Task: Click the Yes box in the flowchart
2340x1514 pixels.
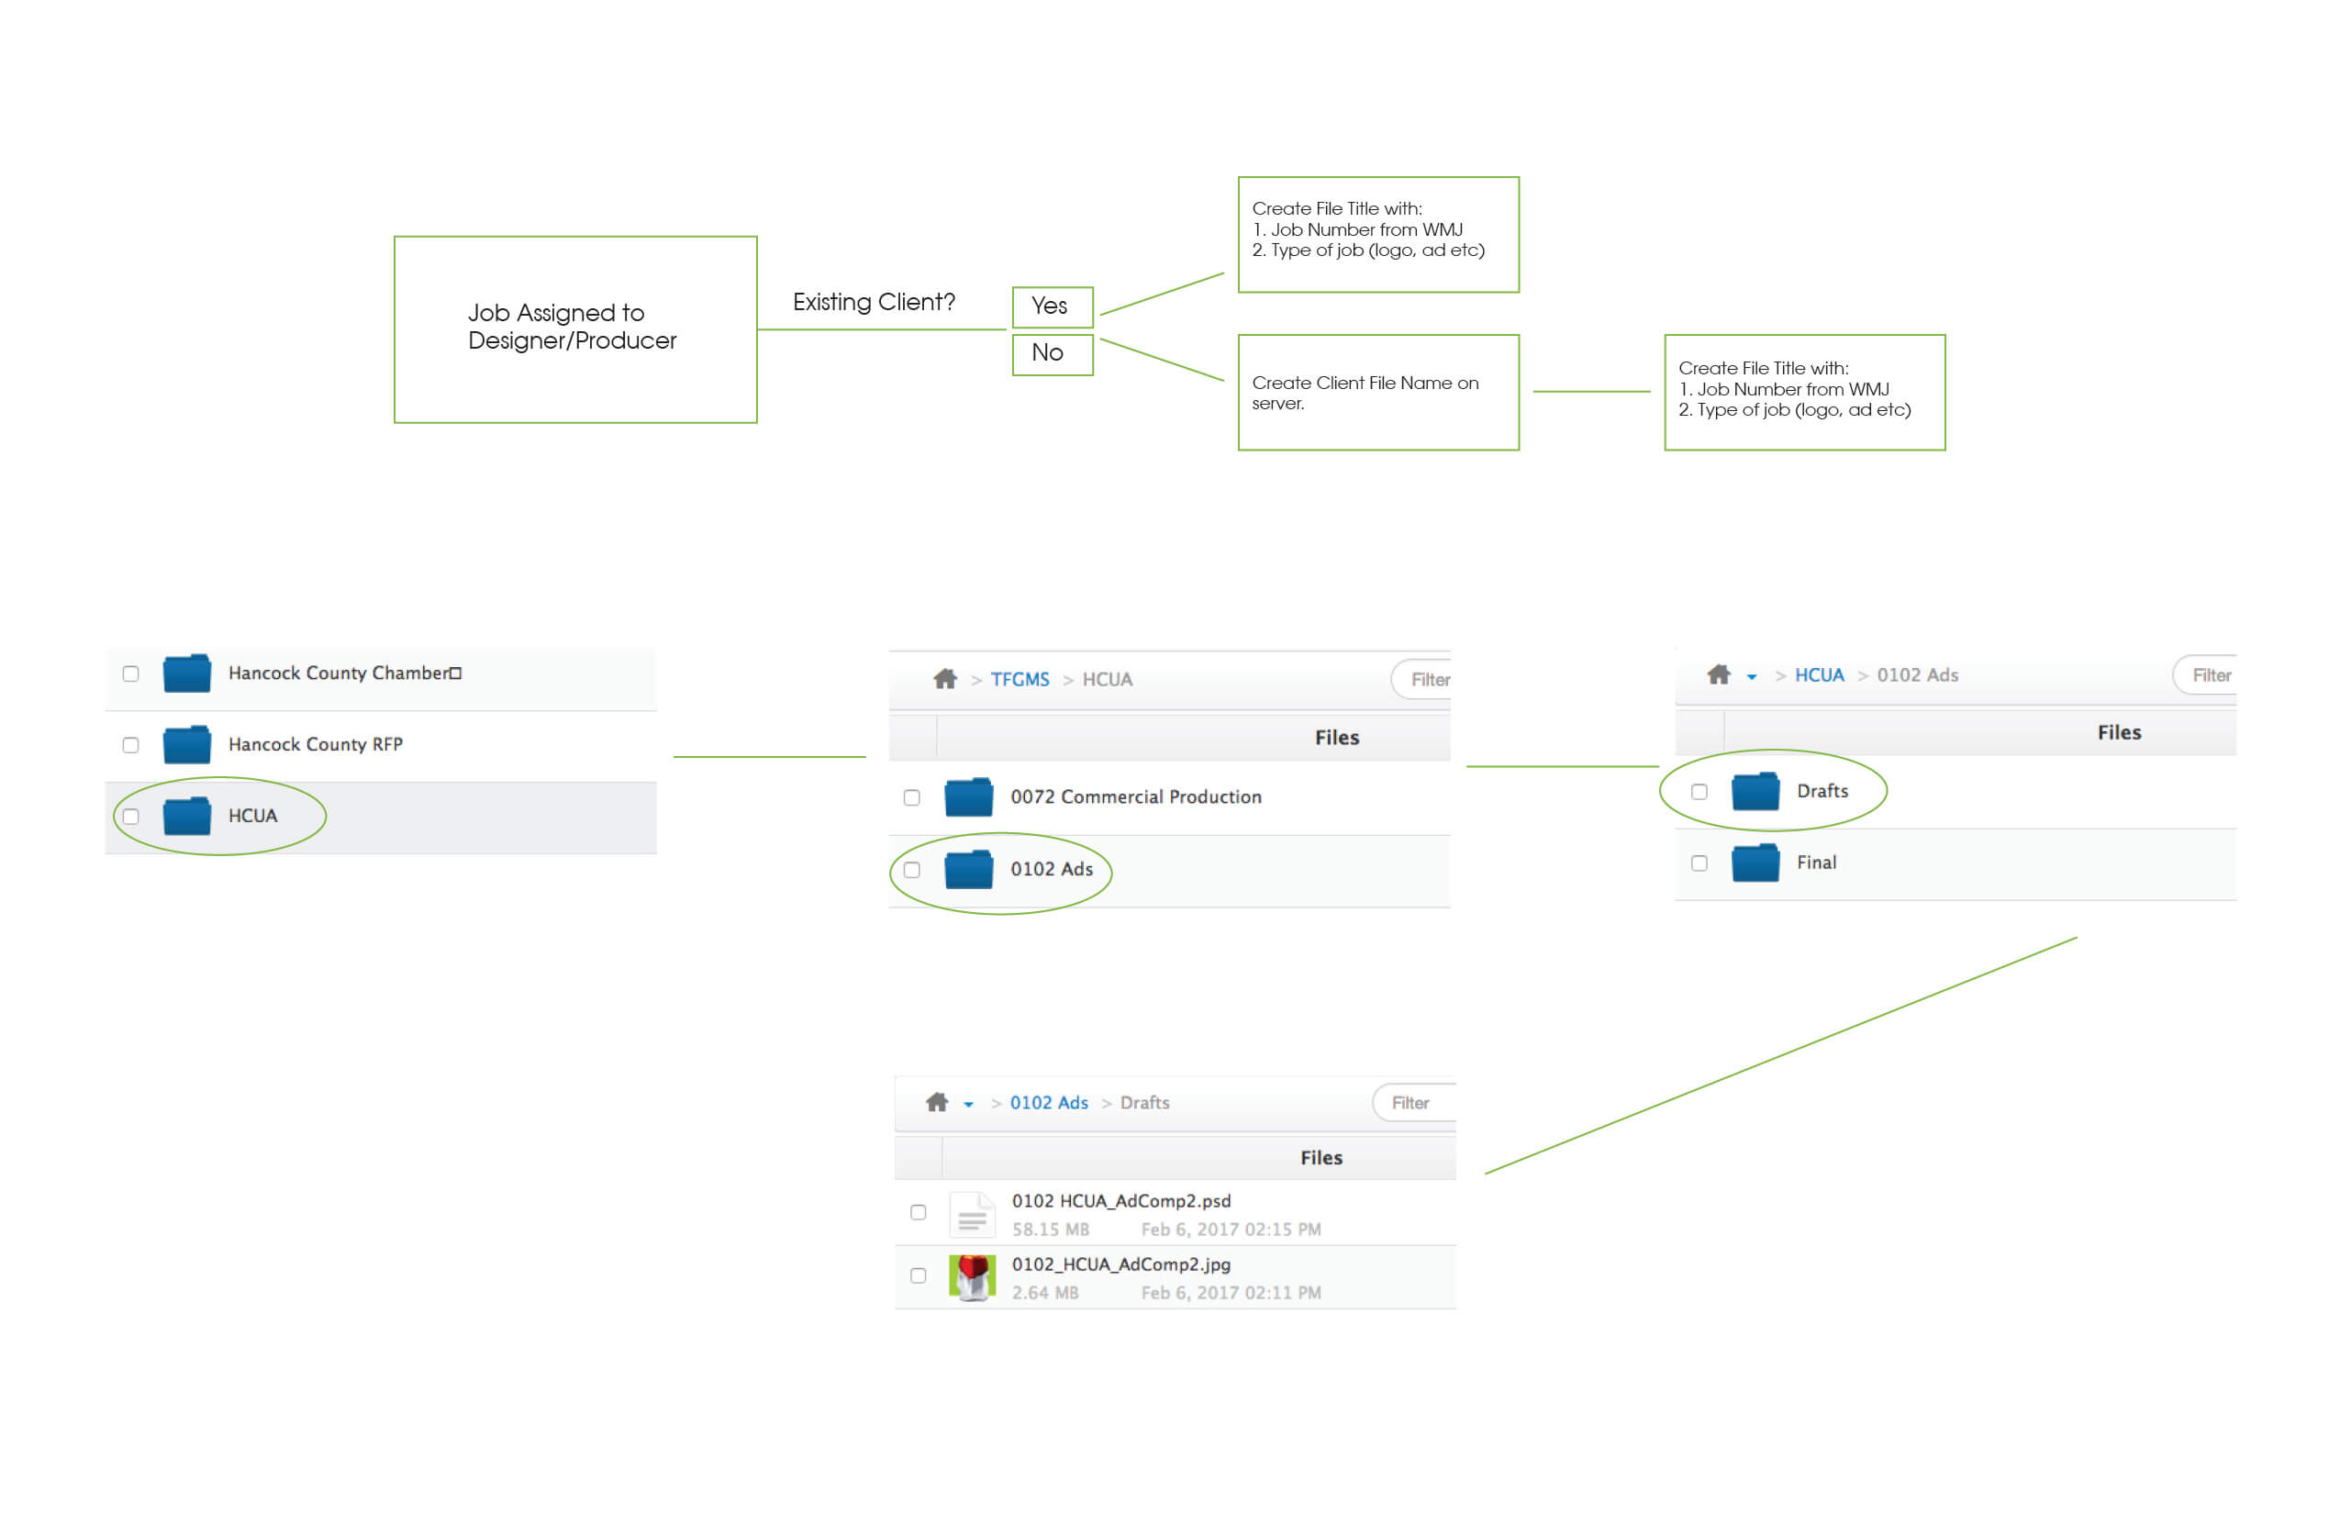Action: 1052,306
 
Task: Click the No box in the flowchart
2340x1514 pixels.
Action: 1052,354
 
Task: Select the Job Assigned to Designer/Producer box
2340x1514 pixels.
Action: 575,329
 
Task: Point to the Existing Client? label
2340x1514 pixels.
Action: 873,302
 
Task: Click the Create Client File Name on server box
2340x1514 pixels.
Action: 1378,393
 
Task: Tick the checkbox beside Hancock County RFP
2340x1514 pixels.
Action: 130,745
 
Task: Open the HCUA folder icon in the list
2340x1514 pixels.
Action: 187,816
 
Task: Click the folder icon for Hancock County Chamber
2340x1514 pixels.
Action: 187,674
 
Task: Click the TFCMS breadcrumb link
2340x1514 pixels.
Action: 1020,679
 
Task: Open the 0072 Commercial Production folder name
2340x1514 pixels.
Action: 1136,796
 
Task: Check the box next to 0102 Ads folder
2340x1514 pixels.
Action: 911,870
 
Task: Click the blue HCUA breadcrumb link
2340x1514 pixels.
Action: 1819,675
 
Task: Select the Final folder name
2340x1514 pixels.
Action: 1816,863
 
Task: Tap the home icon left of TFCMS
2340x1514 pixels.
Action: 945,678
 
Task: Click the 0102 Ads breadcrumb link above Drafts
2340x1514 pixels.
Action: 1049,1103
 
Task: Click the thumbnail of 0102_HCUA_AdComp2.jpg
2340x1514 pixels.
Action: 973,1277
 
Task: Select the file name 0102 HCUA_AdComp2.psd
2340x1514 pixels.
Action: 1120,1200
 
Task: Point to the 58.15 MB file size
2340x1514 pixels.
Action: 1050,1229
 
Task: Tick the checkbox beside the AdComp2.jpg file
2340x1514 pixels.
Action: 919,1276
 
